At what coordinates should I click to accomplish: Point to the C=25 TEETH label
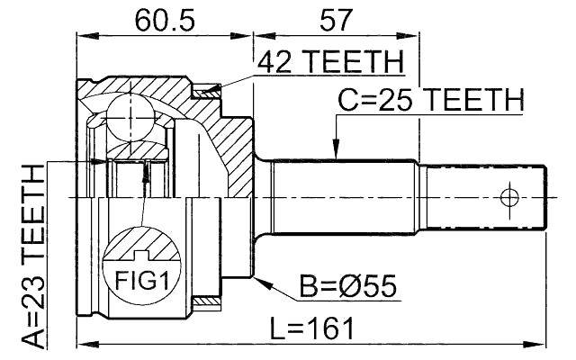pos(430,98)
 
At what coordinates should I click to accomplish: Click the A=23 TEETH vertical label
pos(33,256)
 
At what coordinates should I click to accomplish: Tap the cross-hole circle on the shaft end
pos(509,196)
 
